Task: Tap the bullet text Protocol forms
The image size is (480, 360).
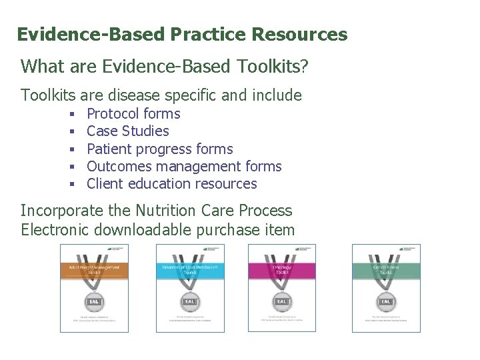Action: [x=133, y=114]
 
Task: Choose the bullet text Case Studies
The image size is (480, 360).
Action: [x=128, y=131]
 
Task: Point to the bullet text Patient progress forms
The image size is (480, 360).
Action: [x=160, y=149]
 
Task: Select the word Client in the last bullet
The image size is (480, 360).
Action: [x=105, y=183]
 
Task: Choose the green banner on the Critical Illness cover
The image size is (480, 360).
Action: [x=387, y=269]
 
